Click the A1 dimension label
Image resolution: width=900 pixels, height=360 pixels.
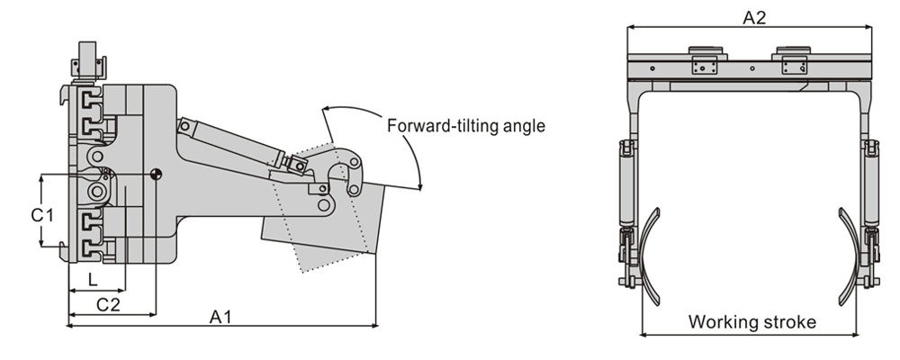(x=220, y=317)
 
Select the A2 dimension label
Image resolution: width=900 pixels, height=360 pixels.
(x=754, y=18)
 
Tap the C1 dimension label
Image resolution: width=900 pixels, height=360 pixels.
(x=42, y=215)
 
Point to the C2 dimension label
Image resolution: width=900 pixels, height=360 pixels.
(x=108, y=304)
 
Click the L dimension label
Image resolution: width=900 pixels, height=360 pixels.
(x=93, y=280)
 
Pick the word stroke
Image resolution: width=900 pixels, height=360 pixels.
(x=788, y=321)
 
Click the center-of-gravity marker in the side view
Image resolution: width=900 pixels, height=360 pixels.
(x=156, y=174)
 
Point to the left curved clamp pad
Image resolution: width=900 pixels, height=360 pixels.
(x=651, y=256)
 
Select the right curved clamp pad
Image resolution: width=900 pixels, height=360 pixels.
(x=848, y=256)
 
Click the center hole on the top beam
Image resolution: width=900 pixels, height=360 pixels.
(x=752, y=67)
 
